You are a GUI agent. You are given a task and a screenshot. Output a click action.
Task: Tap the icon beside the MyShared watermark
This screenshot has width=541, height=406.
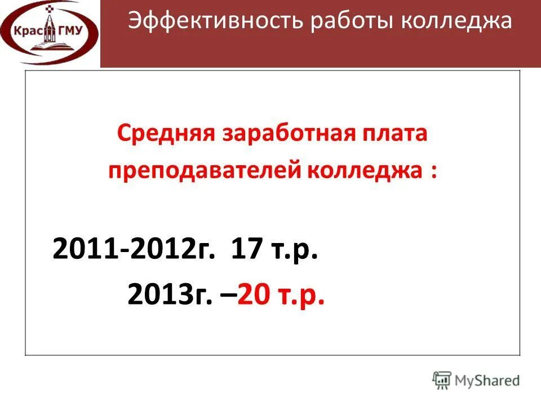pos(442,379)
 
